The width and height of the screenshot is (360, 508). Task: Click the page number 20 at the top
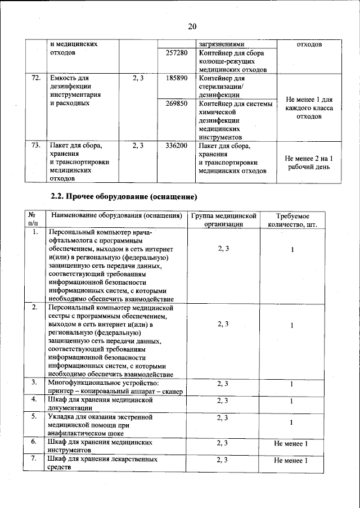point(192,26)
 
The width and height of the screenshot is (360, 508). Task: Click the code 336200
point(177,146)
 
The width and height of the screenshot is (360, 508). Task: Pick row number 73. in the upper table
point(35,146)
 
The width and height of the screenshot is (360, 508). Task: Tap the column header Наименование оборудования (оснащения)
point(116,216)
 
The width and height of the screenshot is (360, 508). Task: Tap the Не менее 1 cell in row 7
point(291,461)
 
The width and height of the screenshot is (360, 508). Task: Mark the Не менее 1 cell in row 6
point(291,444)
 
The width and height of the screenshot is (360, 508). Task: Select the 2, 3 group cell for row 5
point(223,417)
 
